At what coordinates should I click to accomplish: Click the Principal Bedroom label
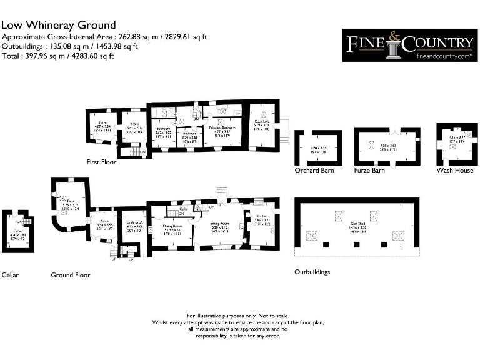click(221, 127)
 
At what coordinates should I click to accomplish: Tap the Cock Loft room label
click(262, 126)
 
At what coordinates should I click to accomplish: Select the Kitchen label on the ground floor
click(262, 216)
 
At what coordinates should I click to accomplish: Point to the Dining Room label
click(172, 226)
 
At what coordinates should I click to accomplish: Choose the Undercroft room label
click(135, 222)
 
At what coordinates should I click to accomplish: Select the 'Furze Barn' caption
click(369, 170)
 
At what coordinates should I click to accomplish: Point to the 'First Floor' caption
click(102, 162)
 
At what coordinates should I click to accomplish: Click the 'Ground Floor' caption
click(71, 275)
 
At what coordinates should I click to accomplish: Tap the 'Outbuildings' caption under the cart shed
click(312, 272)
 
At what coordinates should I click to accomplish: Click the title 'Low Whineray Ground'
click(59, 25)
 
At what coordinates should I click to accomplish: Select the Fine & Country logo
click(410, 45)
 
